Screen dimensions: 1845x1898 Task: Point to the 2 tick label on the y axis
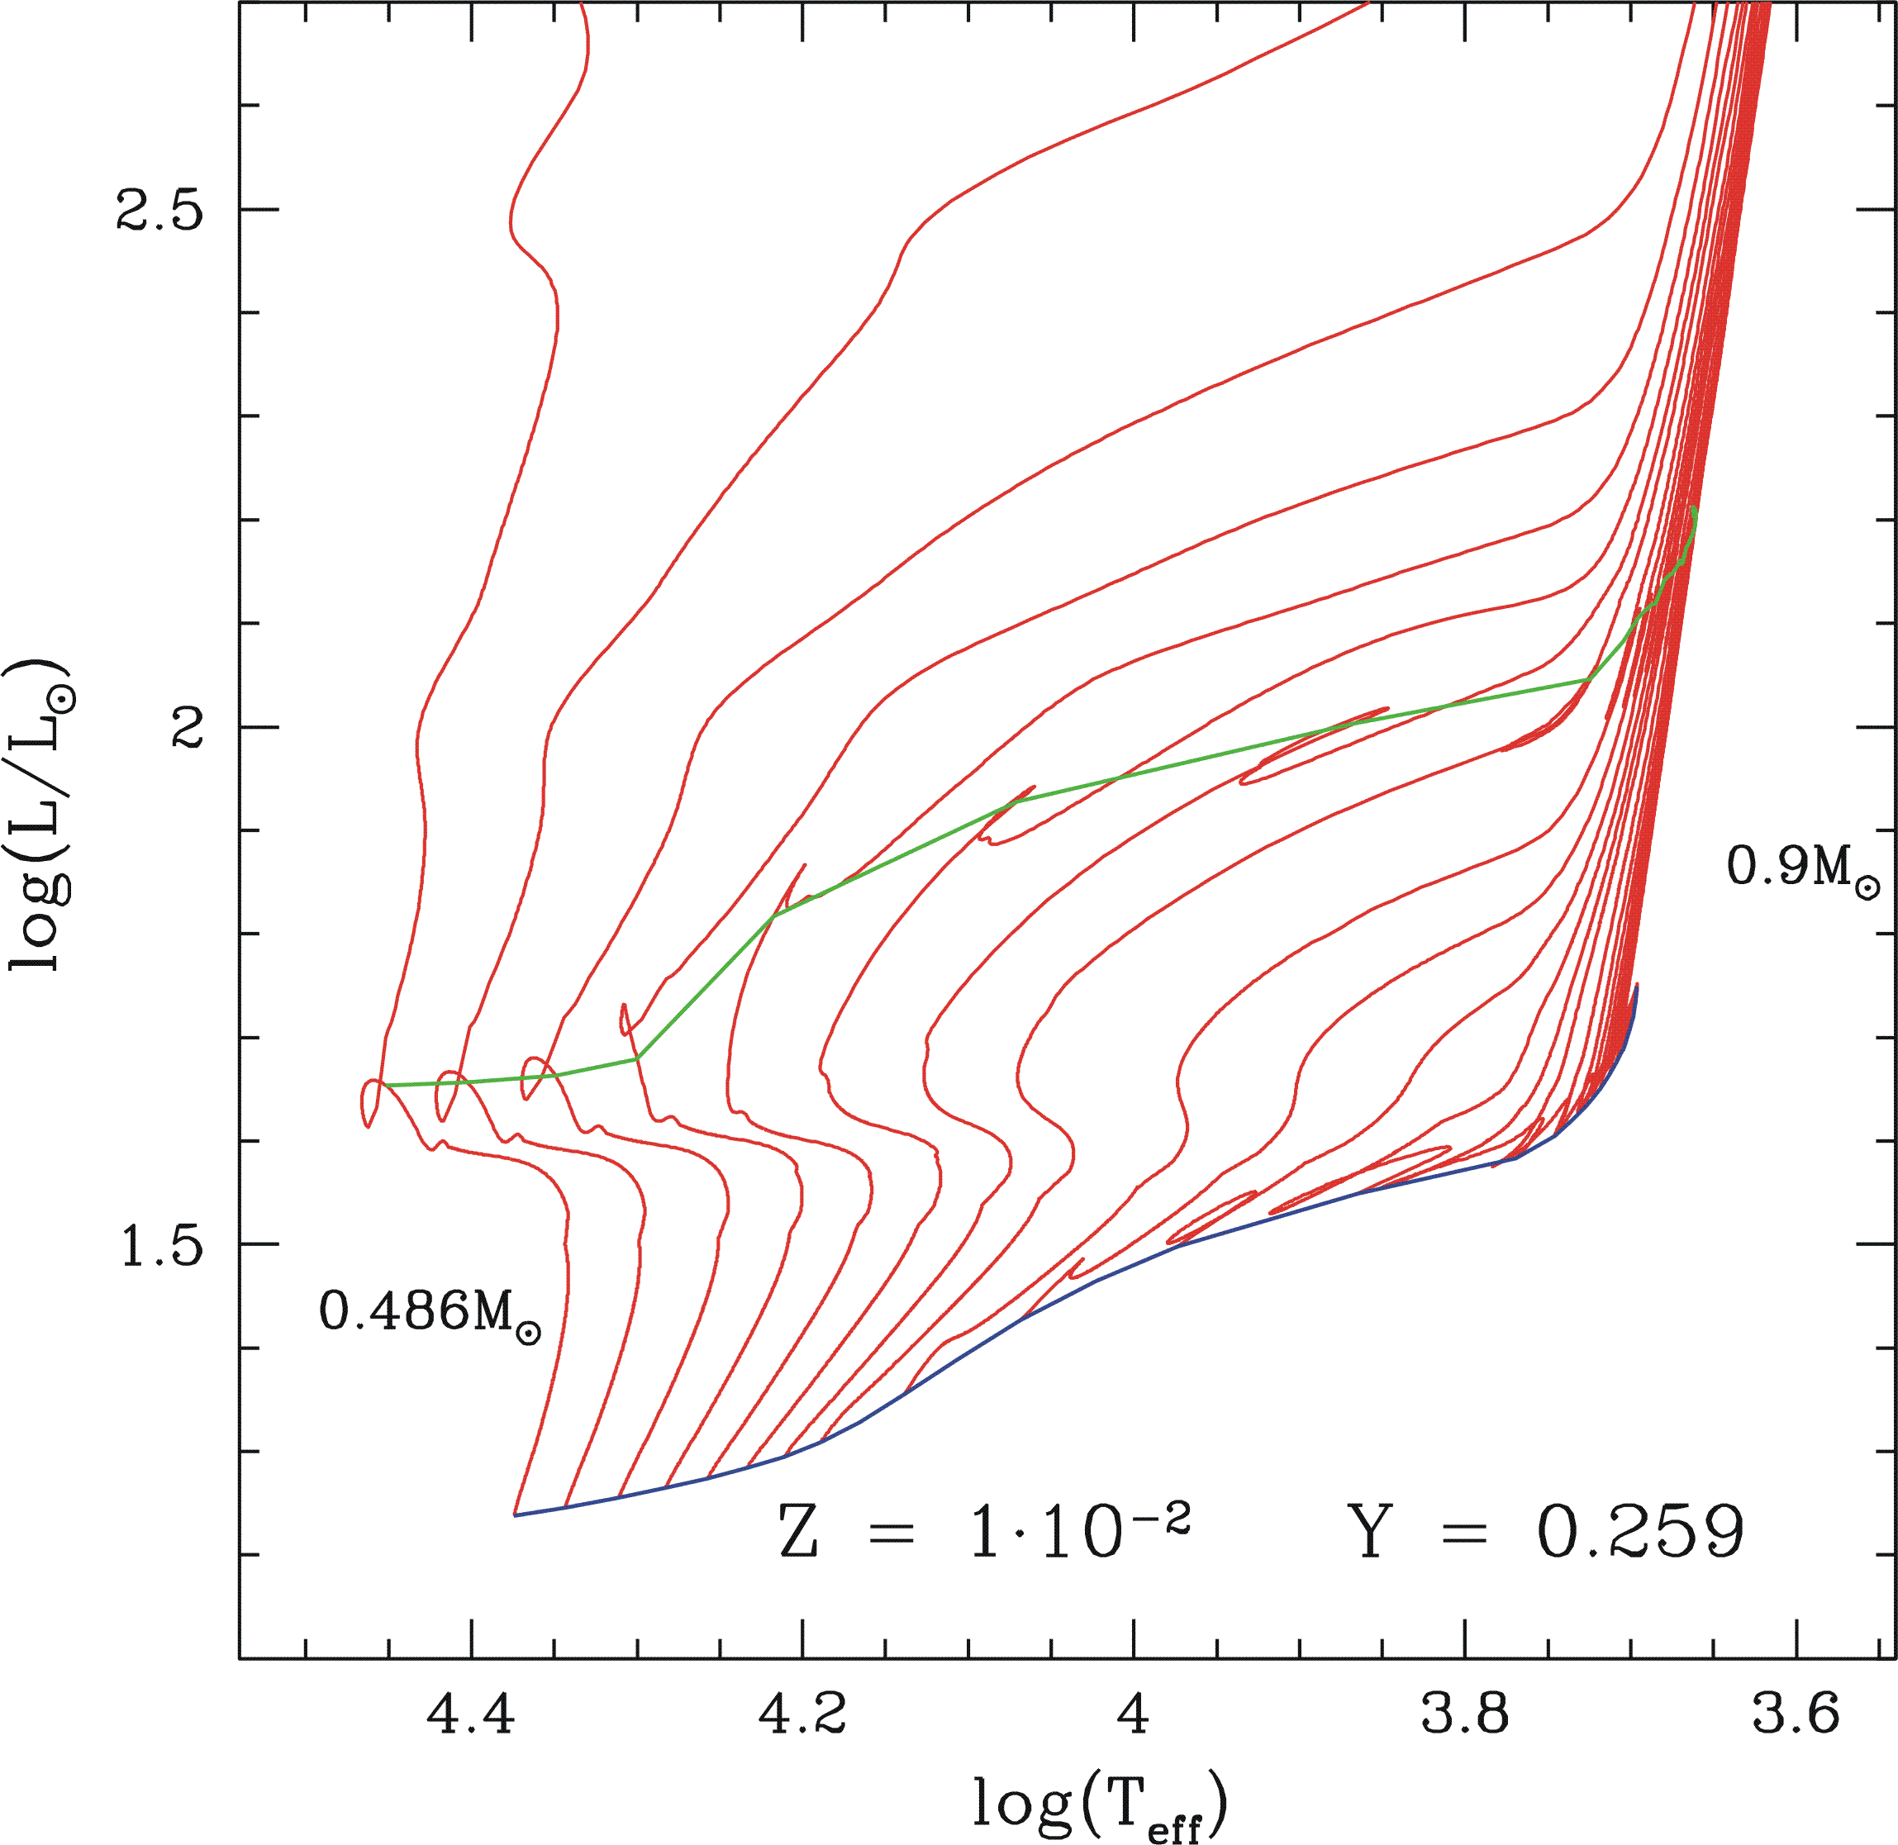(187, 727)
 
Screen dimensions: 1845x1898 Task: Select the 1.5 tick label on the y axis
(161, 1245)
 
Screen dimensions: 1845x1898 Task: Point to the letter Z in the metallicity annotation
(798, 1534)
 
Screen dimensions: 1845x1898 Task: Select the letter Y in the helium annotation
(1372, 1534)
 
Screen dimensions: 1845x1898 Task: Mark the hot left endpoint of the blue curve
(516, 1514)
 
